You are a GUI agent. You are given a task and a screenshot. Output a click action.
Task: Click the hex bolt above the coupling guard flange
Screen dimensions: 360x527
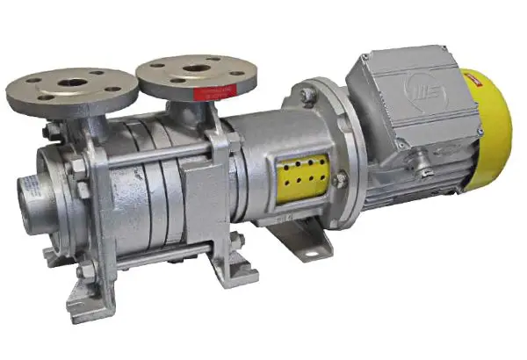(307, 94)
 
